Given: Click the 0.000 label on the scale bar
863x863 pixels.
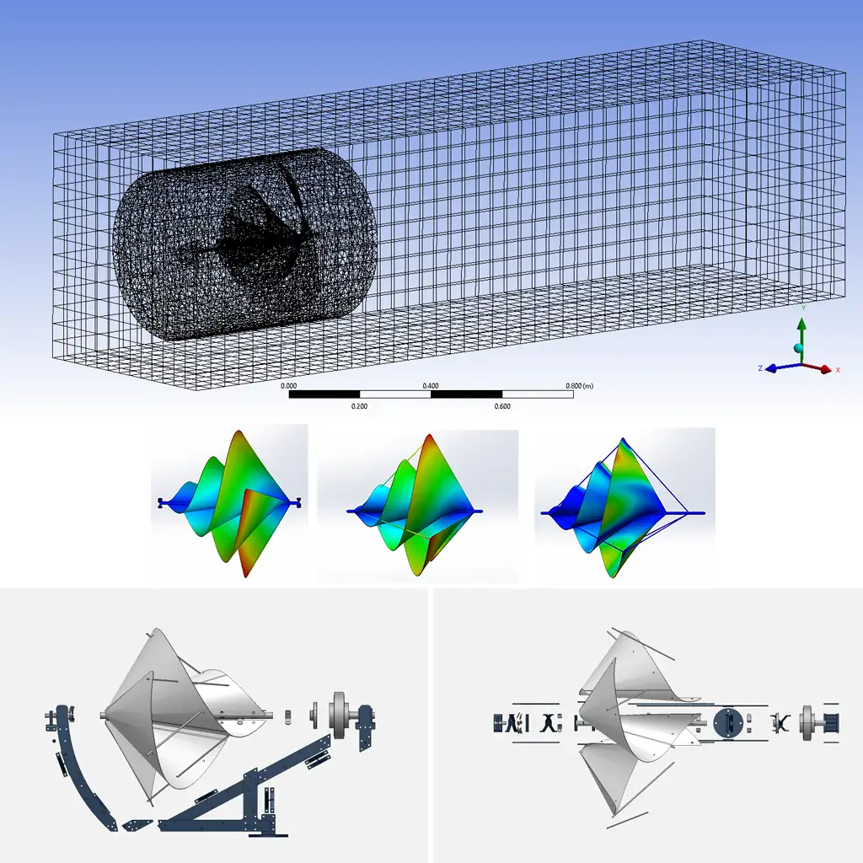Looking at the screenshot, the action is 288,386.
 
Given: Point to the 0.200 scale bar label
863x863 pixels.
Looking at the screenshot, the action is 359,406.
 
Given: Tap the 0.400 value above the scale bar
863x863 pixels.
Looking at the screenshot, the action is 431,386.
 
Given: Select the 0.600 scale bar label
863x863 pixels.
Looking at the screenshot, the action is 502,406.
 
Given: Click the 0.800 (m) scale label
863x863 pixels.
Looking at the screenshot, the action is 580,386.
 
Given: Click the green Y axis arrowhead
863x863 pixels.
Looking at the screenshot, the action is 802,324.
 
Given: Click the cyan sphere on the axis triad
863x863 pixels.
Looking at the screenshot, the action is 798,348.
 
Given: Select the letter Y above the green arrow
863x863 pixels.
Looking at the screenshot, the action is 803,308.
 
